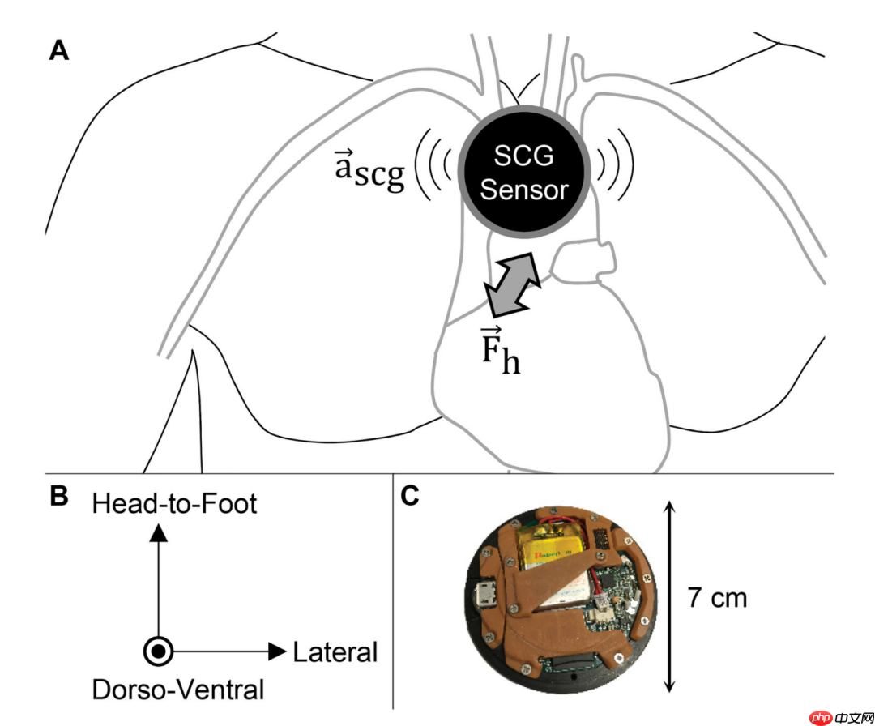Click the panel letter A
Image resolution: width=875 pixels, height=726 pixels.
pyautogui.click(x=58, y=51)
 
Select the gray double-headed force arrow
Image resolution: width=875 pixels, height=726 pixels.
pyautogui.click(x=511, y=284)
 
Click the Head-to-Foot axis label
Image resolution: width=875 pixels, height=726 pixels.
pyautogui.click(x=174, y=504)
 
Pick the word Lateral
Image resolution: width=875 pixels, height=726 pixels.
pyautogui.click(x=335, y=651)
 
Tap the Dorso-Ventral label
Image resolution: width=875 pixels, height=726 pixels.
pyautogui.click(x=178, y=690)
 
